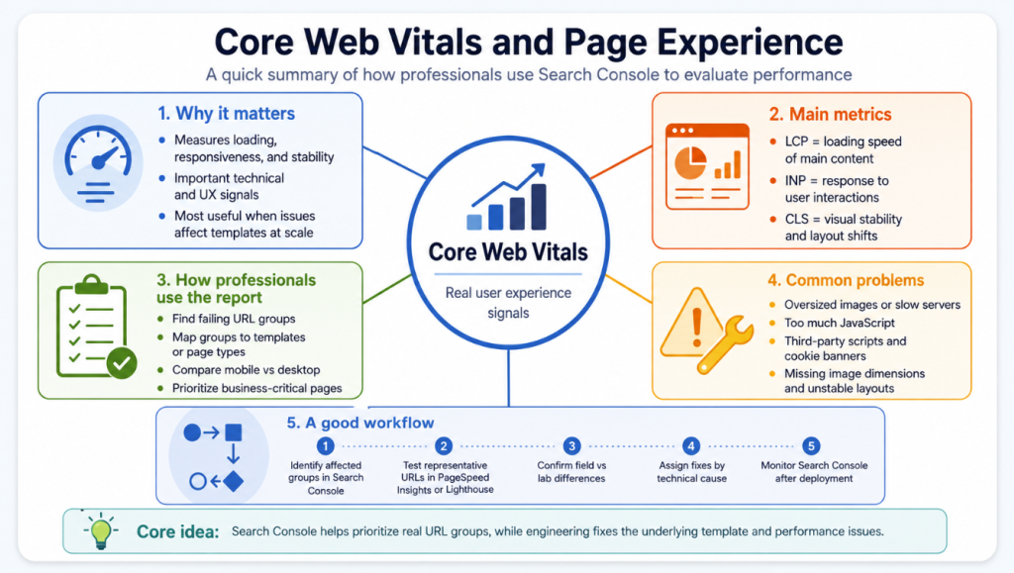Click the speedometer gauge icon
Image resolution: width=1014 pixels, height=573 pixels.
click(98, 163)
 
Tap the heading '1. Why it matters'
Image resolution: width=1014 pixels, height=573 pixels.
click(227, 114)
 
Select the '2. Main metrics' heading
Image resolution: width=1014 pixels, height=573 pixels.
click(831, 115)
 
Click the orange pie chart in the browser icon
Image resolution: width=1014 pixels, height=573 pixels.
click(690, 162)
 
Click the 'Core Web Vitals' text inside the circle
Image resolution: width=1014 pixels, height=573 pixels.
click(508, 252)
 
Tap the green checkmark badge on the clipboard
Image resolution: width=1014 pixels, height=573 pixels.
click(122, 363)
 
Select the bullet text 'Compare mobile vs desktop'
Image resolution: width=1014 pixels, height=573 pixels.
click(246, 370)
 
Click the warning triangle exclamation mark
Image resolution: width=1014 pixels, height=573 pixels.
click(696, 328)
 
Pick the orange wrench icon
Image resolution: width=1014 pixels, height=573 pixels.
click(726, 344)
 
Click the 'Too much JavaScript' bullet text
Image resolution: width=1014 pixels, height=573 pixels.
click(840, 323)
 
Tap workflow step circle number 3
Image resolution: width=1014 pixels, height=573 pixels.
click(571, 445)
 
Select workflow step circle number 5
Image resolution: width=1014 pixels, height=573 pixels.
click(811, 445)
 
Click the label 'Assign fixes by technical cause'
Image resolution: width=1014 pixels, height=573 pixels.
click(691, 472)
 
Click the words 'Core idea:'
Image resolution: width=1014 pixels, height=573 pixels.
click(178, 531)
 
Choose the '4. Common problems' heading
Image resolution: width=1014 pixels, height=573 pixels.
click(846, 280)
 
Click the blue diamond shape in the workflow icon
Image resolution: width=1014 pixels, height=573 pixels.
click(233, 481)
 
